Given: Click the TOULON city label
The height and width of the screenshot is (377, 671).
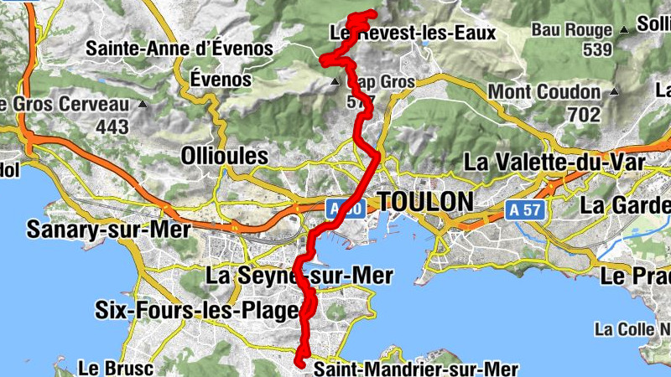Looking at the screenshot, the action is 425,202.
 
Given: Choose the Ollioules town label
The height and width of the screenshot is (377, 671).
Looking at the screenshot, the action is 224,156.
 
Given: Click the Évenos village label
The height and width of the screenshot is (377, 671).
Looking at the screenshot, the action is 221,80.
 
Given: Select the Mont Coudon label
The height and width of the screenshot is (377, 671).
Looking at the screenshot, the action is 544,91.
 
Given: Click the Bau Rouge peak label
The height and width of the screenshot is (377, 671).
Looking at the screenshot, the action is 570,30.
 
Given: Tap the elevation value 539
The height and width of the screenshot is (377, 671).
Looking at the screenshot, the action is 596,50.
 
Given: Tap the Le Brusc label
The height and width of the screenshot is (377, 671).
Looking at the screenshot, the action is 106,368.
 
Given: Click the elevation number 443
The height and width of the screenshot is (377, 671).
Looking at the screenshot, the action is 112,127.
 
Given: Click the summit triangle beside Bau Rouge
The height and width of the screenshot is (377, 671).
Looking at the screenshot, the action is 624,30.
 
